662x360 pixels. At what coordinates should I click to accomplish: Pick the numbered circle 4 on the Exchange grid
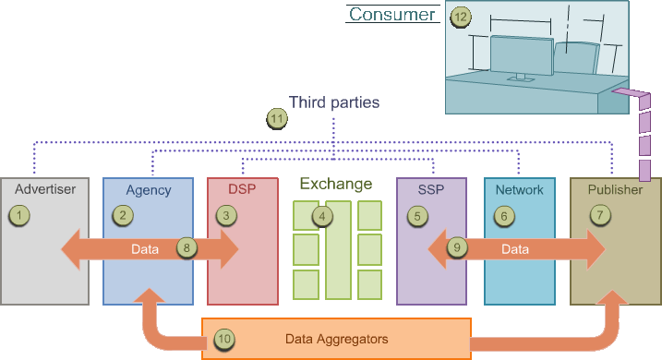(321, 216)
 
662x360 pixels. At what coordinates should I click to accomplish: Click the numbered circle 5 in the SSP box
(418, 216)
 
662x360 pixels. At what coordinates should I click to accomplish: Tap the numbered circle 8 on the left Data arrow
(187, 247)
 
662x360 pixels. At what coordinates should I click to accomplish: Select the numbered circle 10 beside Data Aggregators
(225, 339)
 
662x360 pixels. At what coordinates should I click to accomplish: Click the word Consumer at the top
(391, 14)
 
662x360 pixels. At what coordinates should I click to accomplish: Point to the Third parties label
(334, 102)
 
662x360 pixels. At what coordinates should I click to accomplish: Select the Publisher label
(615, 190)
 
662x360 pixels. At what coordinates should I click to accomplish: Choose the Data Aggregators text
(336, 339)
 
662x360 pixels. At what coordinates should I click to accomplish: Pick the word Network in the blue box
(519, 190)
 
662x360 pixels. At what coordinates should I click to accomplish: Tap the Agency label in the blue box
(149, 190)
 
